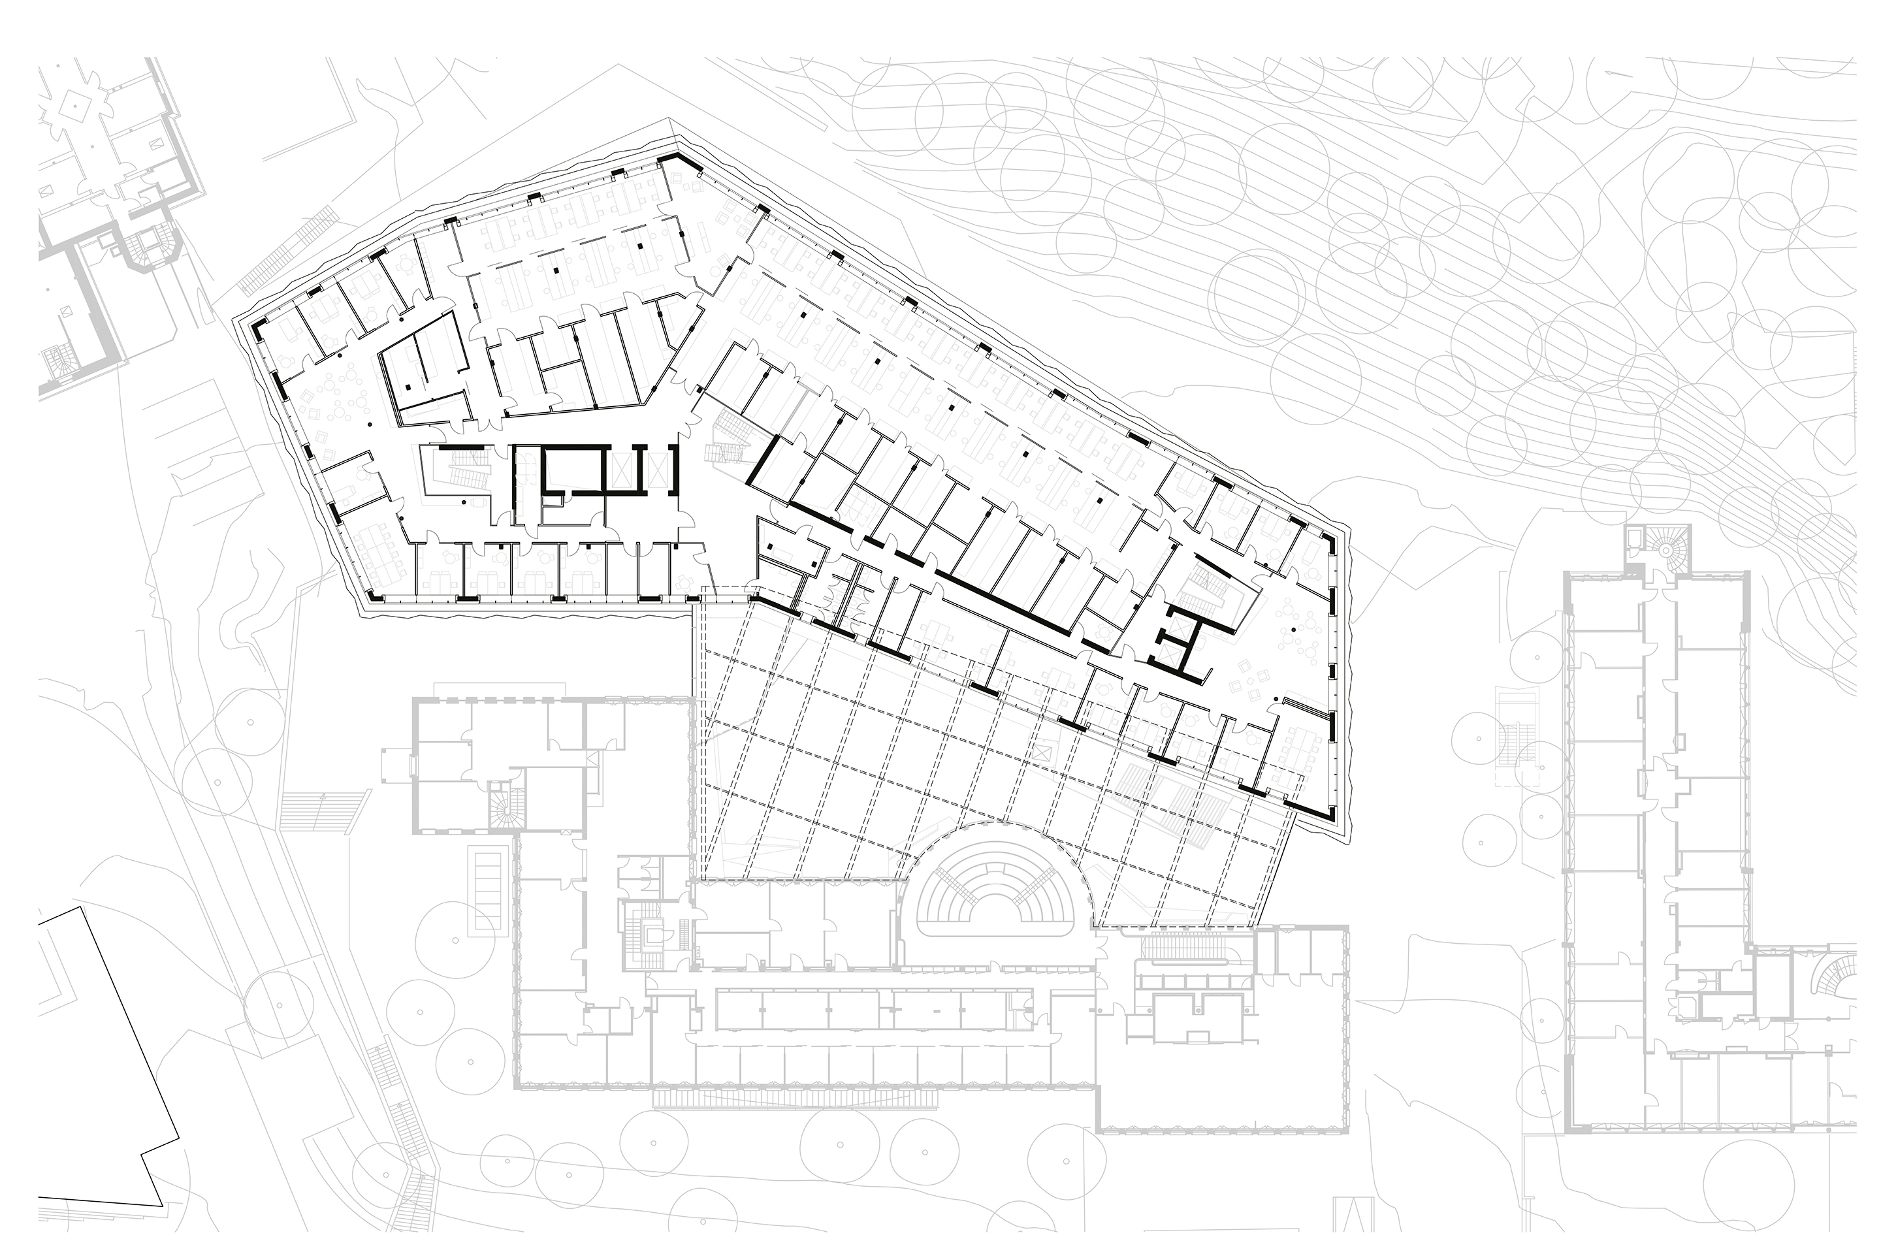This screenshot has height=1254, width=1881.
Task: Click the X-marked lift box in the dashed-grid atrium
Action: (1040, 752)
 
